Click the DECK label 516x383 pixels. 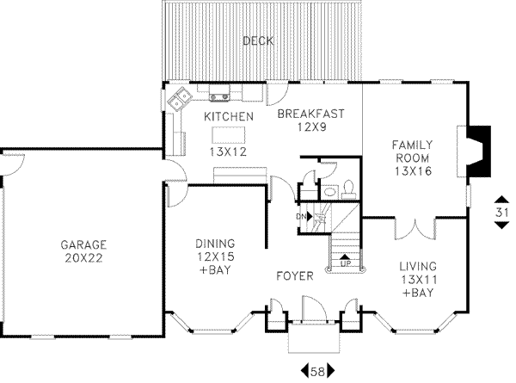pyautogui.click(x=257, y=40)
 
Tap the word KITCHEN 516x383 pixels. pyautogui.click(x=228, y=116)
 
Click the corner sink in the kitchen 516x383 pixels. pyautogui.click(x=181, y=100)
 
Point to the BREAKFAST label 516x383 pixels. pyautogui.click(x=310, y=113)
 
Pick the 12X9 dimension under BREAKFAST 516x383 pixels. pyautogui.click(x=310, y=127)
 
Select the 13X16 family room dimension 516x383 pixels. pyautogui.click(x=411, y=171)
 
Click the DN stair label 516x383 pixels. pyautogui.click(x=302, y=216)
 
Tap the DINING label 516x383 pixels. pyautogui.click(x=215, y=244)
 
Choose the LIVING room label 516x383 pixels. pyautogui.click(x=417, y=265)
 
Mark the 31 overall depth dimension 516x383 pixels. pyautogui.click(x=501, y=211)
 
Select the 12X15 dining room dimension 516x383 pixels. pyautogui.click(x=215, y=257)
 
